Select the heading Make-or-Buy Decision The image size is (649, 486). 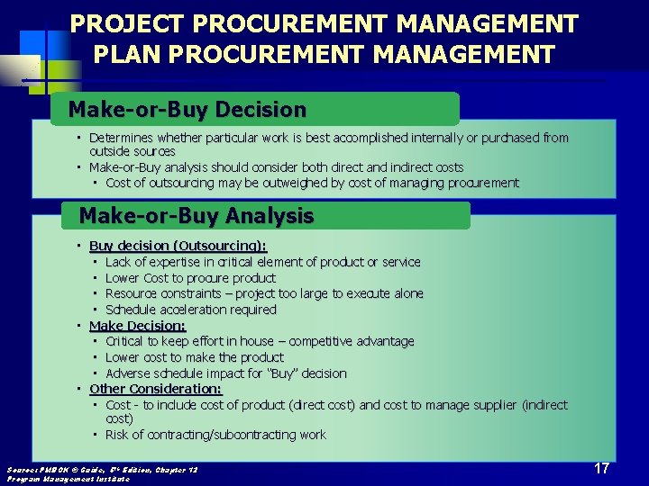coord(187,110)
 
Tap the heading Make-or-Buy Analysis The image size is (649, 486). coord(197,216)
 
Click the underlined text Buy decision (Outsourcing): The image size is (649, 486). coord(178,246)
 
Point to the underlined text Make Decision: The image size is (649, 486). coord(137,326)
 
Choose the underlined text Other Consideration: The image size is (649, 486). coord(155,389)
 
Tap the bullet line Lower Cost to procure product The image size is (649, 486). coord(190,278)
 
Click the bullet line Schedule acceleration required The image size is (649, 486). coord(190,310)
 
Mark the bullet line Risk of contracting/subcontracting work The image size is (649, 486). coord(215,435)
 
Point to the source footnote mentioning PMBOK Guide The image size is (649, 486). coord(101,470)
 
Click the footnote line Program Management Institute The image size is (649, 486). coord(68,479)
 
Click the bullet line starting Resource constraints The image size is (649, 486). coord(263,293)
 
